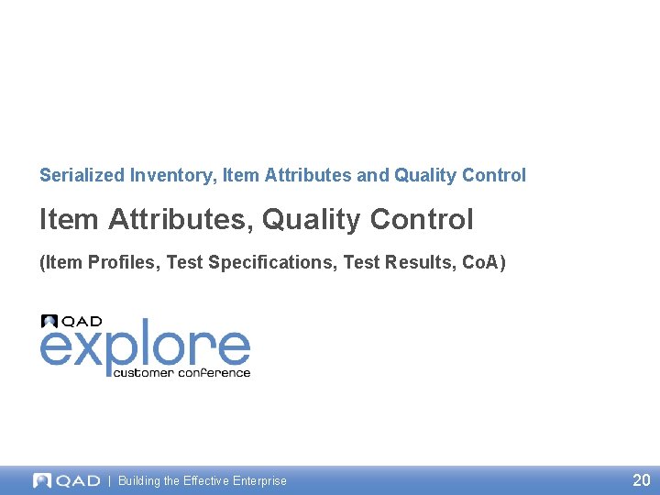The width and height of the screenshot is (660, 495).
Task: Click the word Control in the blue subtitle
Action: (495, 175)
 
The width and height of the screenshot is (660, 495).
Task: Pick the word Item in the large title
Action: (70, 220)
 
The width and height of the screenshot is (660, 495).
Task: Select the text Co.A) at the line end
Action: (483, 263)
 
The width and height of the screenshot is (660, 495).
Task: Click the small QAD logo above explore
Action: (71, 322)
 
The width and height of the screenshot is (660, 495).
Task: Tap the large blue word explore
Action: (145, 347)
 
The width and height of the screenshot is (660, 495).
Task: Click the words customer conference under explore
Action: (181, 372)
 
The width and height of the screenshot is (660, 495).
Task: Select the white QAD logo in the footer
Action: (66, 480)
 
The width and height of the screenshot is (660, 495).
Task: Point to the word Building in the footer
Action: (140, 480)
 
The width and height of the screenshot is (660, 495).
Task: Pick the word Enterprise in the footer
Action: (259, 480)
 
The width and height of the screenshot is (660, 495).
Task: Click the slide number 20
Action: (641, 479)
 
